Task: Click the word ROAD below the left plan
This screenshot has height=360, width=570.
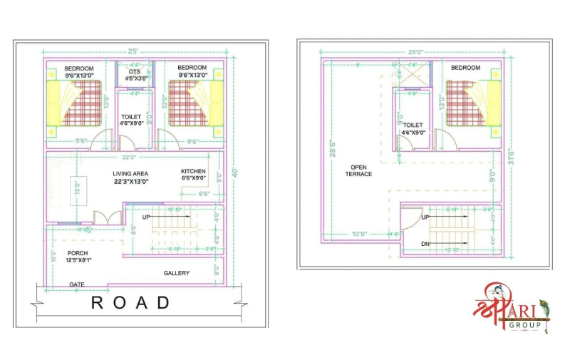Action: coord(130,303)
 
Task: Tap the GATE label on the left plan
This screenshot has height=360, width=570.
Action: coord(78,284)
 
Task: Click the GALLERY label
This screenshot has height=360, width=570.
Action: coord(177,273)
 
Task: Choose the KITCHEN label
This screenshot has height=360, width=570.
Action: coord(193,172)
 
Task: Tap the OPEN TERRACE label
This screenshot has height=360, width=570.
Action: coord(358,170)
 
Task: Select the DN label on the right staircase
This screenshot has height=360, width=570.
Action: coord(425,245)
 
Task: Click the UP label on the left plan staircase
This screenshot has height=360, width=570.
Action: coord(147,216)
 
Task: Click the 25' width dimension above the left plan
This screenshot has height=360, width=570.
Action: coord(133,52)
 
